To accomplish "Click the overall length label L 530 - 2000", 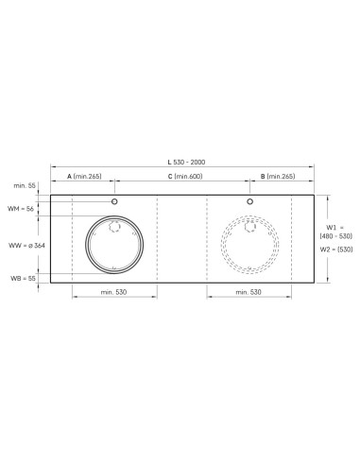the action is [186, 163].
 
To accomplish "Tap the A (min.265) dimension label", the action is [84, 177].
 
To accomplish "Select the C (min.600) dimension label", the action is [185, 177].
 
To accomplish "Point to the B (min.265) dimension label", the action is [278, 177].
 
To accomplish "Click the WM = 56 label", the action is [21, 209].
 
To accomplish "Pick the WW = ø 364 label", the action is [26, 246].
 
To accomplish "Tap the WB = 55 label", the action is [23, 279].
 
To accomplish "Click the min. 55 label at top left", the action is [25, 185].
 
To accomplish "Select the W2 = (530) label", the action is [336, 250].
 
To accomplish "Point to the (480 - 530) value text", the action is [336, 236].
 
